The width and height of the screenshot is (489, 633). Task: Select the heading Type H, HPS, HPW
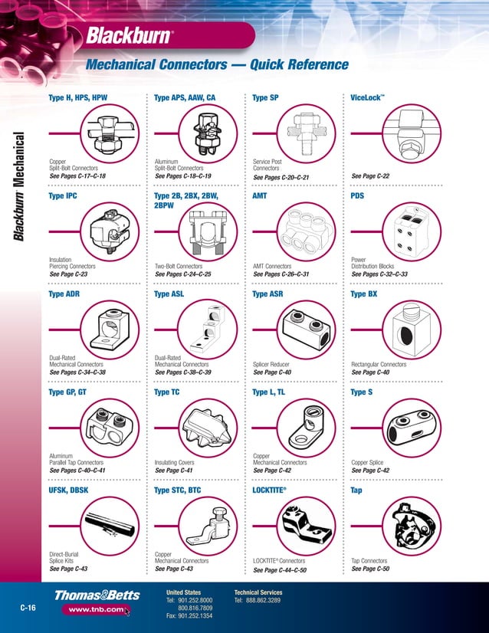tap(77, 98)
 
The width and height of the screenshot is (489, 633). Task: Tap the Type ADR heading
tap(64, 294)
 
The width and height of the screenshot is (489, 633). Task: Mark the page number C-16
tap(28, 608)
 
